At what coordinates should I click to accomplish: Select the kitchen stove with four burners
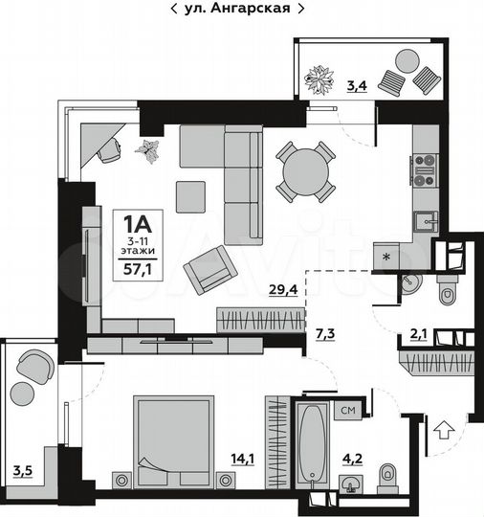[426, 169]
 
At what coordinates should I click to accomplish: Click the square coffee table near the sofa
[196, 196]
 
